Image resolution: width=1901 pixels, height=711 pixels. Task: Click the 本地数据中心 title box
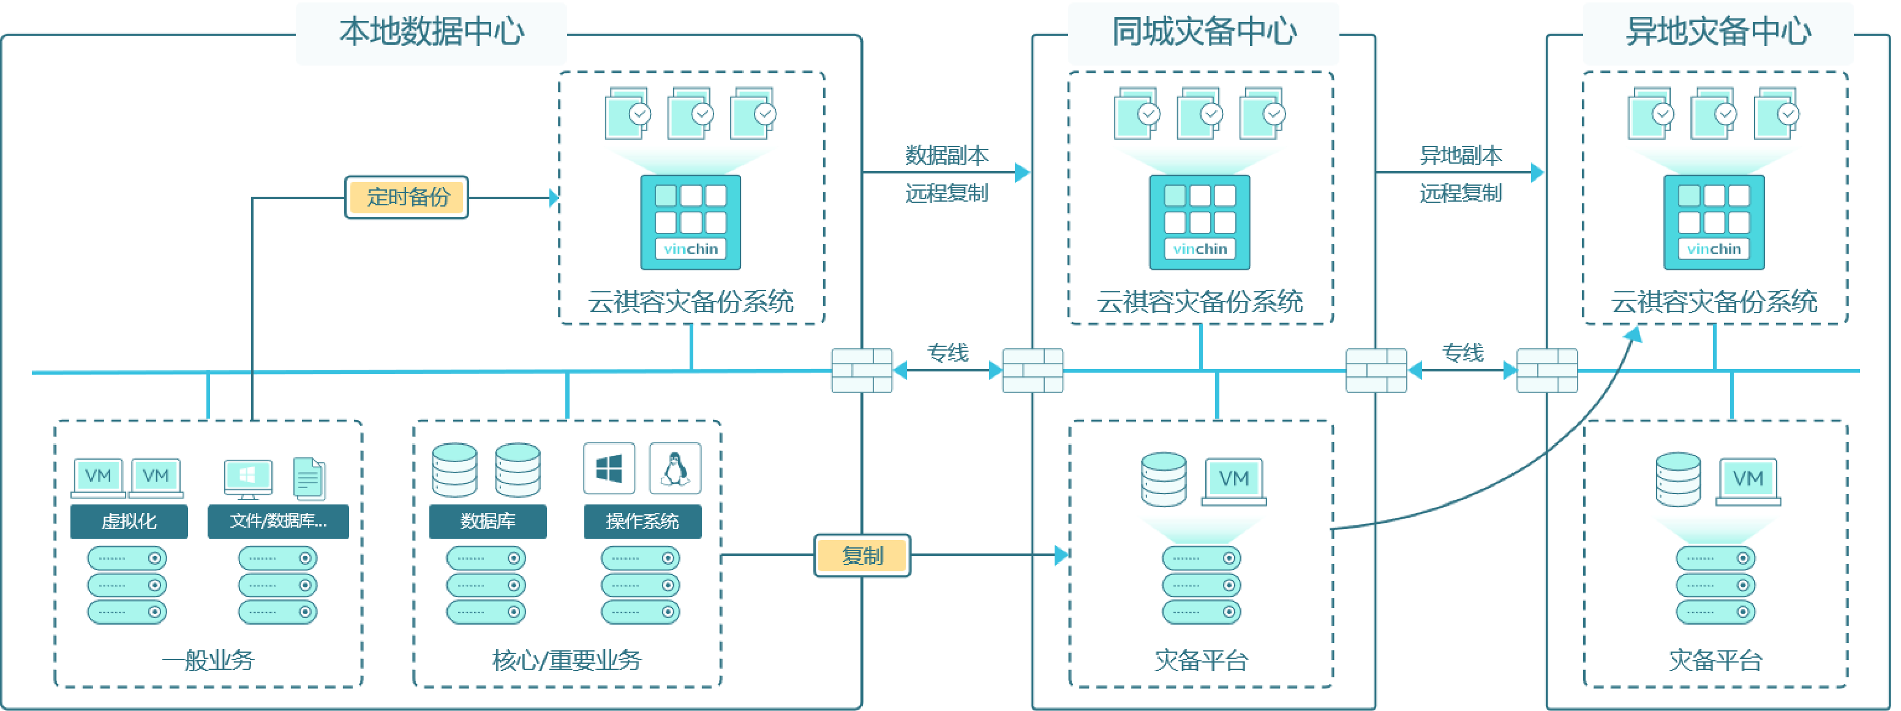(x=431, y=33)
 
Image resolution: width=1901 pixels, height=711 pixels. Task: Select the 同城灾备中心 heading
(x=1203, y=33)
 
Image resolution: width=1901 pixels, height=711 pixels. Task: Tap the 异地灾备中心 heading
(x=1718, y=33)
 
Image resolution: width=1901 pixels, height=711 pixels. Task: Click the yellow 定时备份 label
(x=407, y=197)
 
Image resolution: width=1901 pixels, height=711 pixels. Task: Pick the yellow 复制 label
(x=862, y=555)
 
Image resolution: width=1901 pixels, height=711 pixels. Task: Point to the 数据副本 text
(x=947, y=156)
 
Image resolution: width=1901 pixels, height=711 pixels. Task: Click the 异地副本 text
(x=1461, y=156)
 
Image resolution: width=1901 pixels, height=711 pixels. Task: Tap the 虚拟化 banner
(x=129, y=521)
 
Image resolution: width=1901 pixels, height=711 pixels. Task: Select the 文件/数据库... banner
(x=278, y=521)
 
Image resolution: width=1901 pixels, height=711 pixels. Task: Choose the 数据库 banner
(x=487, y=521)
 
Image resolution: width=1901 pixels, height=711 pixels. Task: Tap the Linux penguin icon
(x=674, y=468)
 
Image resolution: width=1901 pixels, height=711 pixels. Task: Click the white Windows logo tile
(x=609, y=468)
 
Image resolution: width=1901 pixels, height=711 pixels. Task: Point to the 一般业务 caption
(x=208, y=660)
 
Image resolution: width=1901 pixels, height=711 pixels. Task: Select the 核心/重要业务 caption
(x=567, y=660)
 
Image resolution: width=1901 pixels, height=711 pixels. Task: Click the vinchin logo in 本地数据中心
(x=691, y=249)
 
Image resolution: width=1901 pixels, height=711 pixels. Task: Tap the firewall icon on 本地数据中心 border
(x=862, y=371)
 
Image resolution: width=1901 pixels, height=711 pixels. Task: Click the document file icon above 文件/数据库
(x=309, y=479)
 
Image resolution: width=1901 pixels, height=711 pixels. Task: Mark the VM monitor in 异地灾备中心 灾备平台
(x=1747, y=480)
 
